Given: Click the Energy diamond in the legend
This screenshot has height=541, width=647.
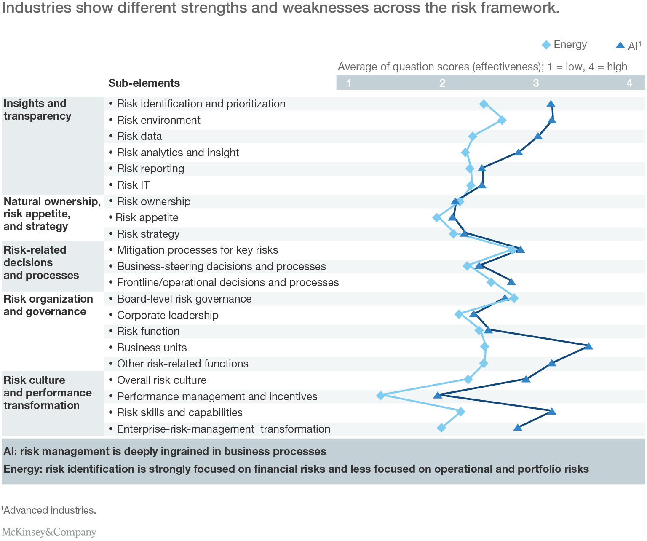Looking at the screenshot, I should pos(546,45).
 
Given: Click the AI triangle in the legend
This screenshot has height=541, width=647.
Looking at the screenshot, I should pos(620,45).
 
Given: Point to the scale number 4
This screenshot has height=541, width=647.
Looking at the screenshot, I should pos(629,83).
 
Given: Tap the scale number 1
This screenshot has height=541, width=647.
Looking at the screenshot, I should pos(349,83).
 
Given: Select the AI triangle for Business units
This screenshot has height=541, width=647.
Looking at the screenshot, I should pos(589,346).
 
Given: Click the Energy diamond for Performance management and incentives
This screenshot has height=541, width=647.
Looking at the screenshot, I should pos(380,395).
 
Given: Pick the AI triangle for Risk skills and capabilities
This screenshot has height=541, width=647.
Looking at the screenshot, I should pos(552,411).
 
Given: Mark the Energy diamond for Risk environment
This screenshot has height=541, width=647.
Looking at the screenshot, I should pos(502,120).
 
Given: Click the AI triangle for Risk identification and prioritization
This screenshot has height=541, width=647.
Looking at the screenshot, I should pos(551,104).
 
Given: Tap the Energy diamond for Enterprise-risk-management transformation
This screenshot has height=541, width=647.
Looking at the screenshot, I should pos(441,428).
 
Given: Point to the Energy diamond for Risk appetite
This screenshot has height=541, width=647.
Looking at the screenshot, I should pos(436,217).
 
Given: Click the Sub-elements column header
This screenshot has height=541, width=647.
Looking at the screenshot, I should pos(144,83).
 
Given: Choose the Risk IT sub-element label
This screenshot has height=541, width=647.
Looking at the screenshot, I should pos(133,185).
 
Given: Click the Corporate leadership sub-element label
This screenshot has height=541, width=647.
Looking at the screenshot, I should pos(168,315).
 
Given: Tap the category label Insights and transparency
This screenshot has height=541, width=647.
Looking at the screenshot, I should pos(37,110).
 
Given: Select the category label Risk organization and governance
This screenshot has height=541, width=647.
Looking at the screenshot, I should pos(48,305).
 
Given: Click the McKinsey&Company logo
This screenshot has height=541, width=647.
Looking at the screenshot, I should pos(49,532).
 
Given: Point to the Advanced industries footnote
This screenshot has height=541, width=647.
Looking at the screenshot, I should pos(49,510).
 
